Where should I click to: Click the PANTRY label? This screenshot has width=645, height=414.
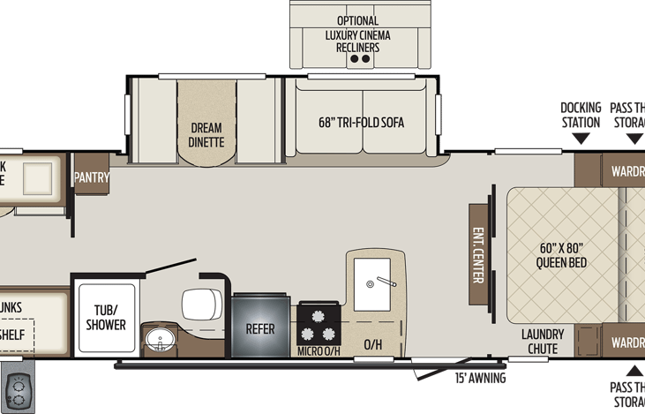(92, 177)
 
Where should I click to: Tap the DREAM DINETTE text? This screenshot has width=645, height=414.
(206, 134)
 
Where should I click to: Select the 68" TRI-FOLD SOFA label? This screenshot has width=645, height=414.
(361, 124)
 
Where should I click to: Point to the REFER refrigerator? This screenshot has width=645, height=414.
(260, 328)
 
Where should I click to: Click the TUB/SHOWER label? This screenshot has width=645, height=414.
(105, 318)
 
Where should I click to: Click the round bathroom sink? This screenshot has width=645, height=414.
(160, 340)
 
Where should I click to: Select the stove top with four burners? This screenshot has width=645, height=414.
(319, 326)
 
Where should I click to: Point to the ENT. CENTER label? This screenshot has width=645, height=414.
(478, 256)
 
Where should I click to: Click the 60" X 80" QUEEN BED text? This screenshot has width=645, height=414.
(562, 255)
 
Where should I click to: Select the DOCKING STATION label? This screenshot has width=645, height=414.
(581, 114)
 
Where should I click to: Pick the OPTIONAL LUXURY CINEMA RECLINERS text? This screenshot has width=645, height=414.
(357, 34)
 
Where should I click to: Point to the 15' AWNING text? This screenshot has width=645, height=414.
(480, 379)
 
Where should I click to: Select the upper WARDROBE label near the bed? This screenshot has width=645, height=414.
(624, 171)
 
